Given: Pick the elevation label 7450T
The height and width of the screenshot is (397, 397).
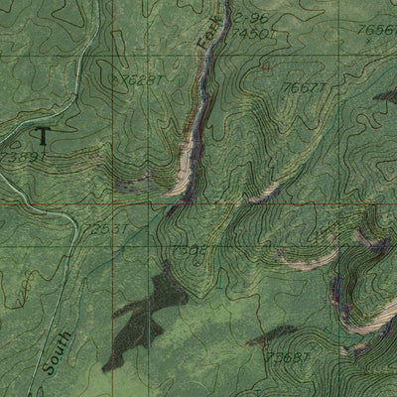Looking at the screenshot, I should coord(249,33).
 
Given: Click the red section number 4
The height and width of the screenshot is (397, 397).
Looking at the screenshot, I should coord(266,66).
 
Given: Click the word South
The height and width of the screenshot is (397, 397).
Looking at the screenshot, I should coord(54,351).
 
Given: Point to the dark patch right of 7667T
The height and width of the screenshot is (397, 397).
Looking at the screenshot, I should coord(387,95).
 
